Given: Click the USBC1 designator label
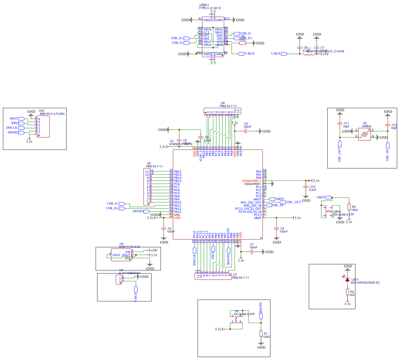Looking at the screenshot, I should point(204,5).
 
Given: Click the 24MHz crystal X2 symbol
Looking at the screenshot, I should point(365,134).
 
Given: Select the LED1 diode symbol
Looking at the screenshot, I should point(348,280).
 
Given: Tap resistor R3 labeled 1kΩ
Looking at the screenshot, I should point(348,292).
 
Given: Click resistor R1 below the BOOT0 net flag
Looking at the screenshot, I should point(261,334).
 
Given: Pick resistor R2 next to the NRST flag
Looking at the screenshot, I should point(349,207).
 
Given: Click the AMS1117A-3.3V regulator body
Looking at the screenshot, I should point(121,255).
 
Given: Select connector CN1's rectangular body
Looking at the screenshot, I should point(43,127).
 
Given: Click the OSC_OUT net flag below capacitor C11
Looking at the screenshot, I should point(340,144).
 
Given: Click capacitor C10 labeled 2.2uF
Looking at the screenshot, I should point(306,187).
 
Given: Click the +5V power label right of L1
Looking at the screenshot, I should point(325,54).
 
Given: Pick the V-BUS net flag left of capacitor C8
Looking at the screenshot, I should point(284,54).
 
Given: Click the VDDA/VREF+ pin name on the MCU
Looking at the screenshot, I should point(251,181).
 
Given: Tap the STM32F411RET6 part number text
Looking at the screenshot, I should point(181,144).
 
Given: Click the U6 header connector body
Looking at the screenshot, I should point(147,187).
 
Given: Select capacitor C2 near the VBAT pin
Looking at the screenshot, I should point(276,229).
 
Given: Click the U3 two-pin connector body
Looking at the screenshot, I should point(119,280).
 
